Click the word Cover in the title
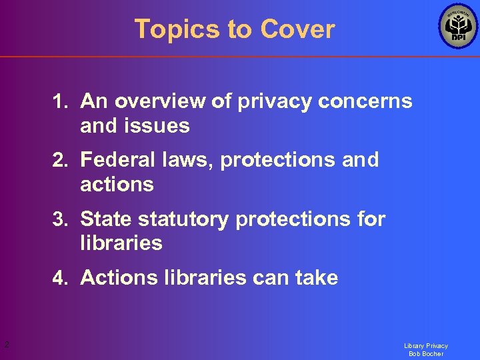pyautogui.click(x=297, y=29)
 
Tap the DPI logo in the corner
pyautogui.click(x=458, y=27)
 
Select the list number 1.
pyautogui.click(x=61, y=101)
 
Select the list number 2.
pyautogui.click(x=61, y=160)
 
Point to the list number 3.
pyautogui.click(x=61, y=219)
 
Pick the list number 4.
pyautogui.click(x=61, y=278)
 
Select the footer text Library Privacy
pyautogui.click(x=426, y=346)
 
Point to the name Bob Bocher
pyautogui.click(x=426, y=354)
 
